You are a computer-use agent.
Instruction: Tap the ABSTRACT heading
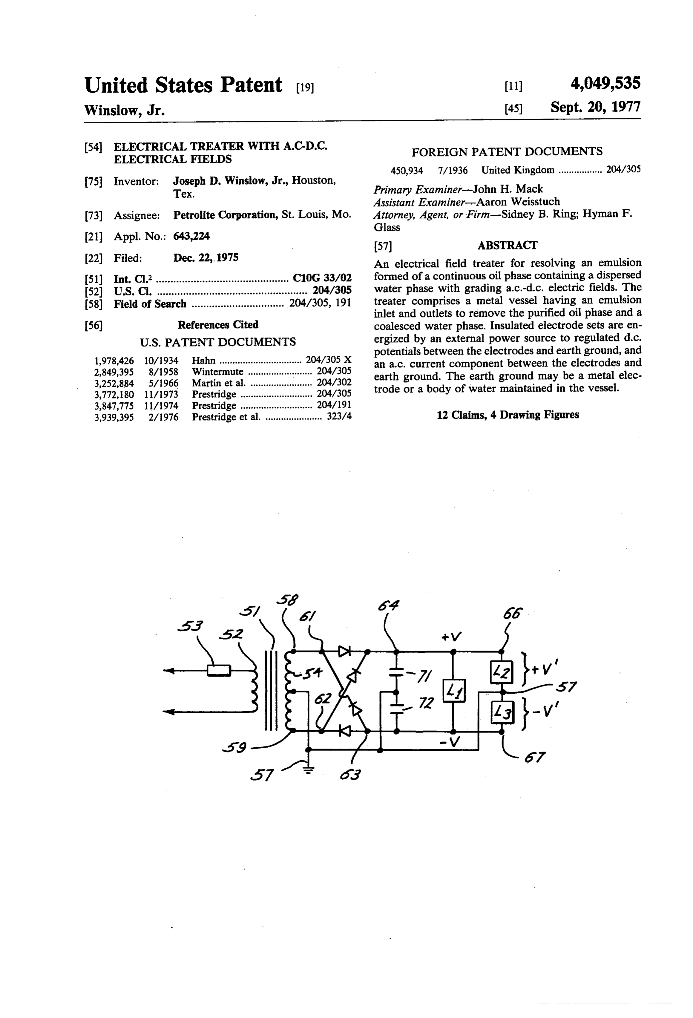[507, 245]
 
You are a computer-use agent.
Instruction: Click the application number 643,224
[191, 237]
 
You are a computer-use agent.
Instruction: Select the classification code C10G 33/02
[322, 278]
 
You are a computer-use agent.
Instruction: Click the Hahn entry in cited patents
[204, 361]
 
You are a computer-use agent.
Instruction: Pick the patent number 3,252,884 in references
[114, 383]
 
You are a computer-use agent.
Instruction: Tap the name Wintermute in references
[218, 372]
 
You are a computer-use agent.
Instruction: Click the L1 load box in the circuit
[454, 691]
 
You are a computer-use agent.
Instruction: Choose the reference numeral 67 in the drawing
[534, 757]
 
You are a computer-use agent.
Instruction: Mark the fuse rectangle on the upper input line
[219, 671]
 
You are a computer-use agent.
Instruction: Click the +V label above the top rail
[452, 636]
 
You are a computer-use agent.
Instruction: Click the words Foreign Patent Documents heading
[507, 152]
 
